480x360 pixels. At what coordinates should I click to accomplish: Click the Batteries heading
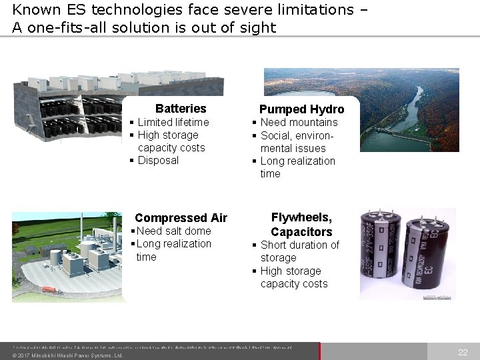coord(181,109)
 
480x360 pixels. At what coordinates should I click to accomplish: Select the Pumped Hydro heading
coord(301,109)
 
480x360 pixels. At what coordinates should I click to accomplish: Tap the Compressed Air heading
coord(181,218)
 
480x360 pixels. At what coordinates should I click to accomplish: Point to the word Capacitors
coord(301,232)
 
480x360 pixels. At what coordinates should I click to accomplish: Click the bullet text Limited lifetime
coord(173,122)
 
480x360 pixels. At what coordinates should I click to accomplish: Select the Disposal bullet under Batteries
coord(158,160)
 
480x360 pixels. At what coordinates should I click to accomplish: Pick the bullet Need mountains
coord(299,122)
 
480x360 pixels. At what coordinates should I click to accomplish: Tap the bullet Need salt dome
coord(173,231)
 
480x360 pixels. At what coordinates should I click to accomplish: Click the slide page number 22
coord(463,352)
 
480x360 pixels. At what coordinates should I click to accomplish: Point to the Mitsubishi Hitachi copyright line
coord(67,355)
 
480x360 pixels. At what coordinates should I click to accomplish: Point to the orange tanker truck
coord(49,290)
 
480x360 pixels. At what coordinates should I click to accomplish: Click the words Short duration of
coord(299,245)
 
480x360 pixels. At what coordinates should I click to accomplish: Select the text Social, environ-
coord(297,135)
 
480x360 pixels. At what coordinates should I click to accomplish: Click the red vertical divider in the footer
coord(320,351)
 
